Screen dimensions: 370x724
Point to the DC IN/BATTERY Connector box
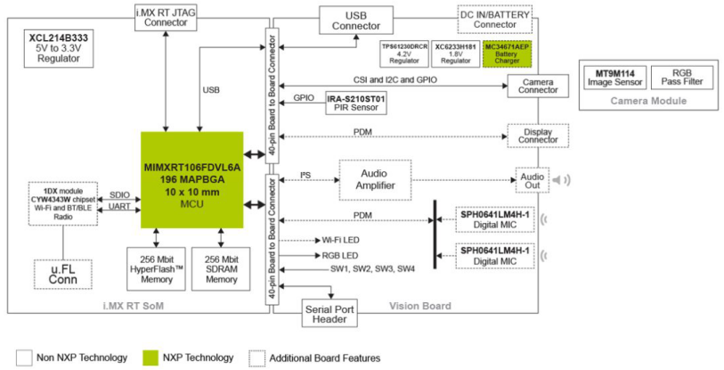coord(494,18)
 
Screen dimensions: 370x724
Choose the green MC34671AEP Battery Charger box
coord(506,54)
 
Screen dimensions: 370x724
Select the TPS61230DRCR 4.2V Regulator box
coord(404,54)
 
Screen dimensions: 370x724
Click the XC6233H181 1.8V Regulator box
coord(455,54)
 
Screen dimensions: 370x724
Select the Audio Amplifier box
coord(374,179)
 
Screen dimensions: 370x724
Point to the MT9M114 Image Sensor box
coord(614,77)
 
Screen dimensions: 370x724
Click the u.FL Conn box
coord(62,275)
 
